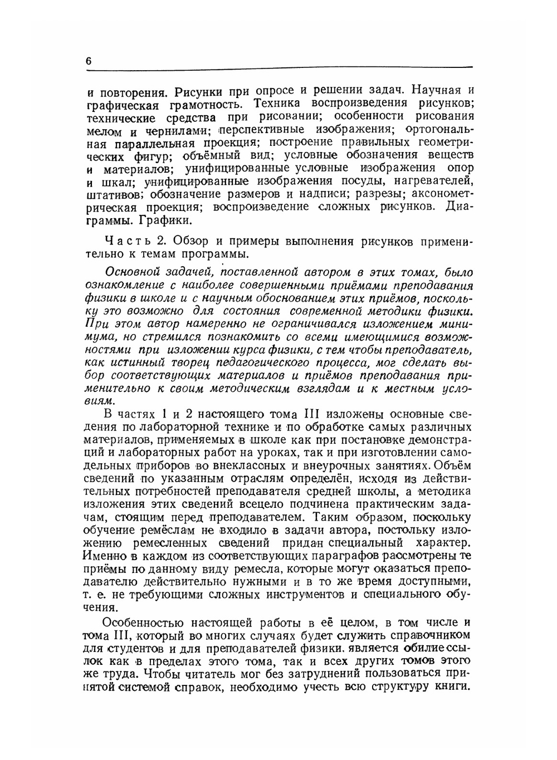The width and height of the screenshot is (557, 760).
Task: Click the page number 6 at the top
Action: [x=89, y=62]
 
